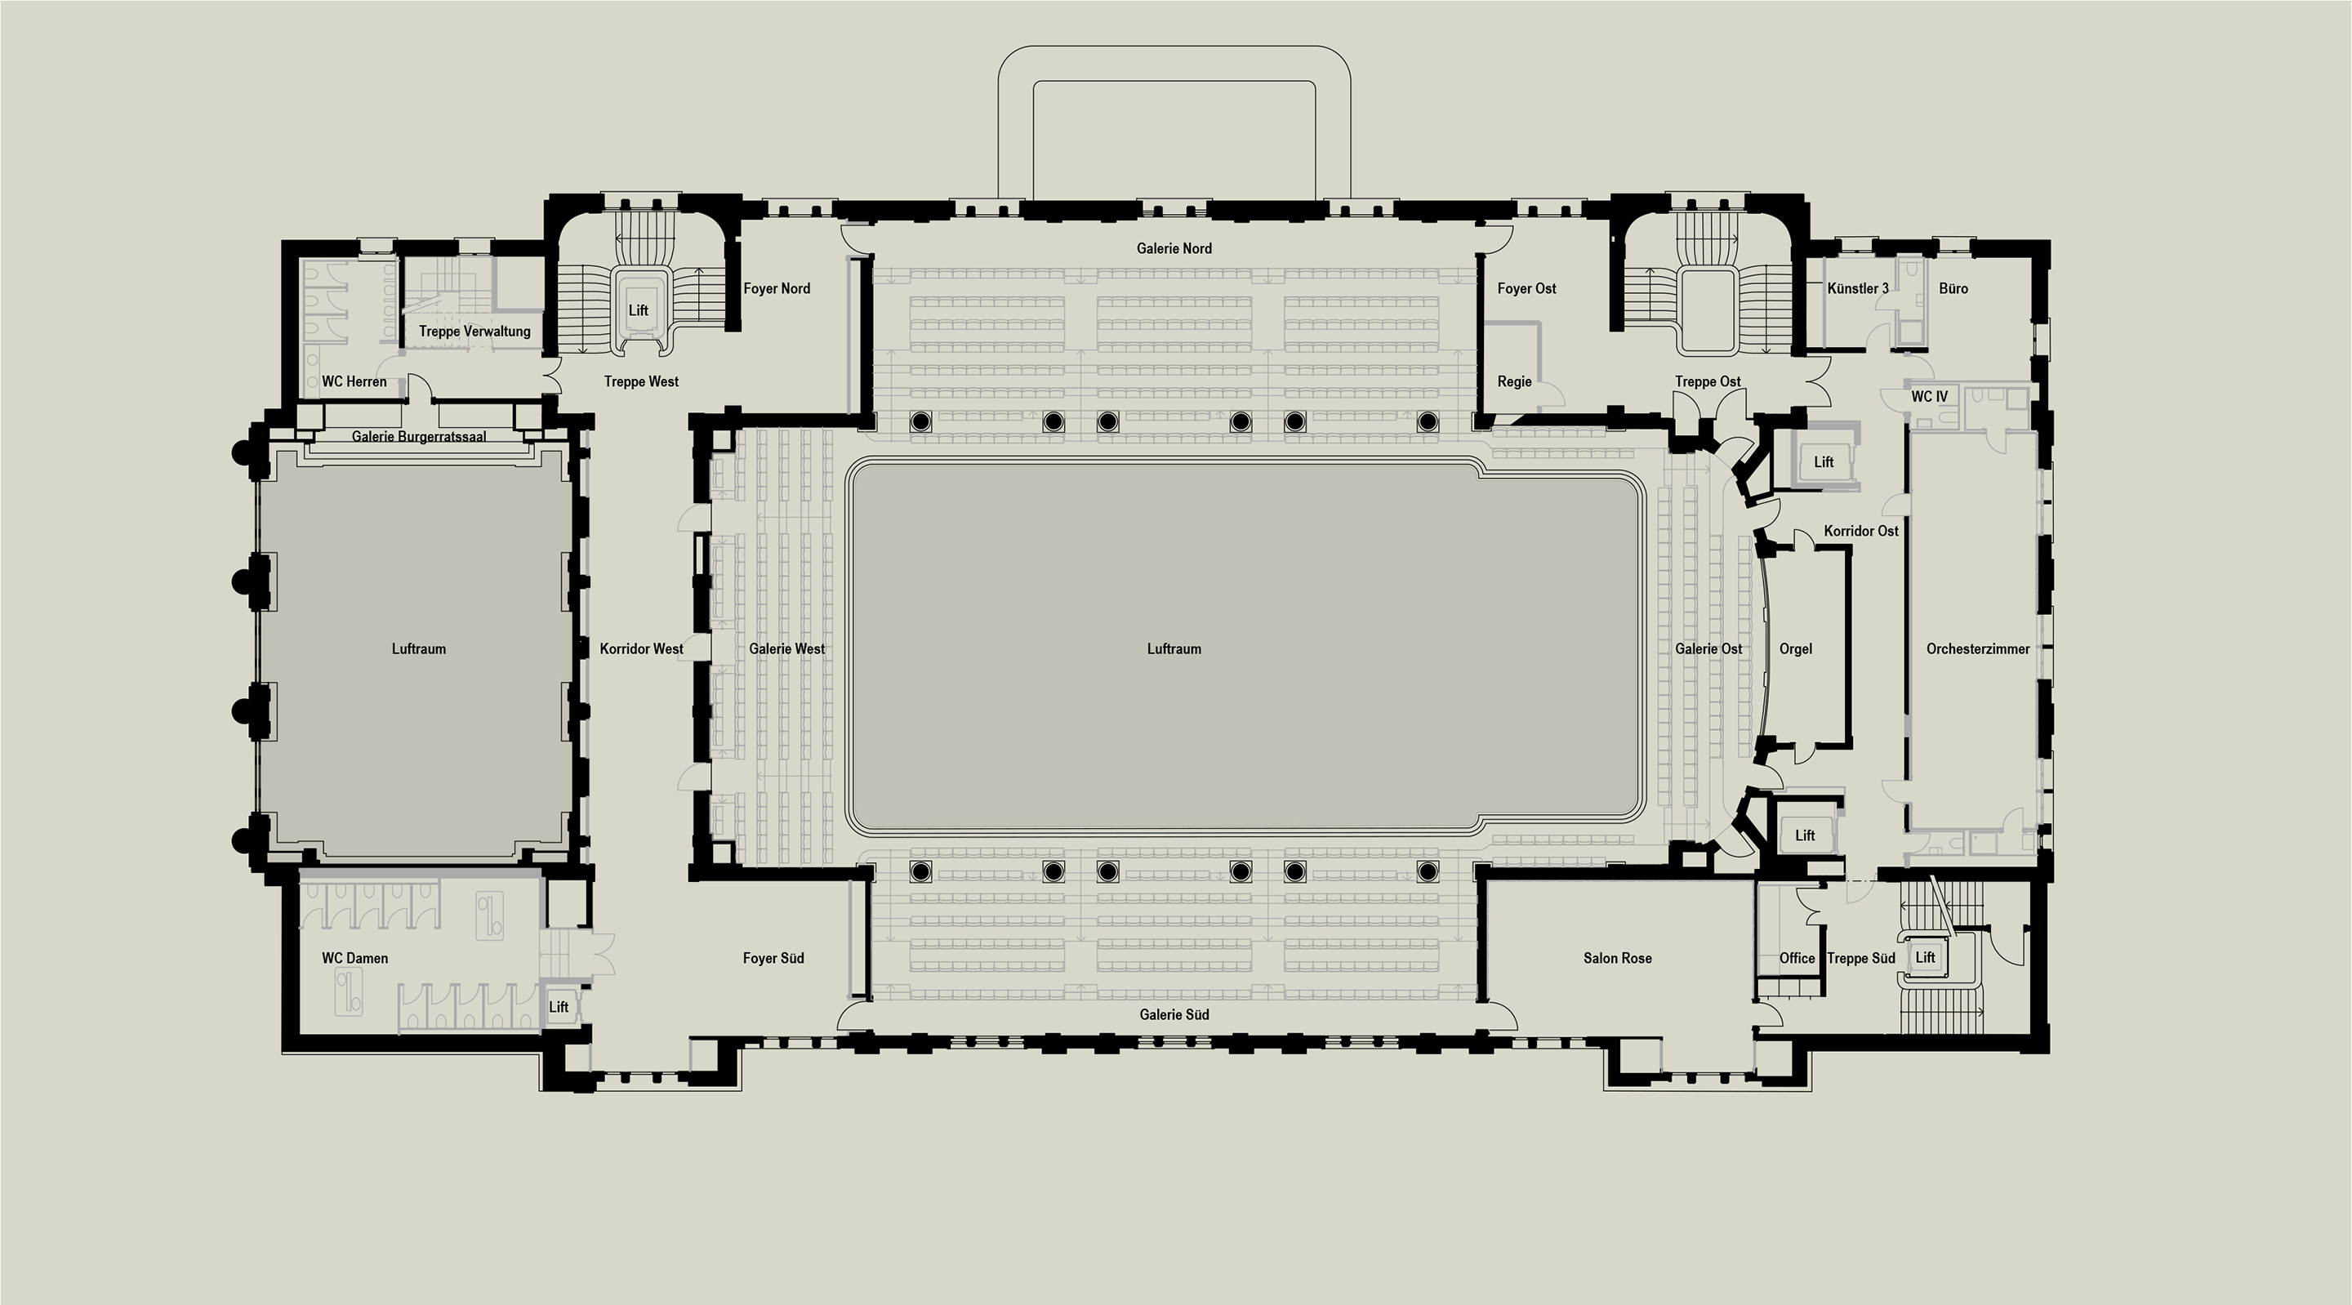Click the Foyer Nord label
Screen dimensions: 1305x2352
pyautogui.click(x=776, y=288)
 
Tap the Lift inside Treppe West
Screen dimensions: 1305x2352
pyautogui.click(x=638, y=310)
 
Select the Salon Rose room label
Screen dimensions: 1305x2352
pyautogui.click(x=1617, y=958)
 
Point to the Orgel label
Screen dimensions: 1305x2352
pyautogui.click(x=1795, y=649)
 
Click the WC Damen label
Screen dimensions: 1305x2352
pyautogui.click(x=354, y=958)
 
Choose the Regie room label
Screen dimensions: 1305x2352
pyautogui.click(x=1514, y=381)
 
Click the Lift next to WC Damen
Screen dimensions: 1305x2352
pyautogui.click(x=558, y=1007)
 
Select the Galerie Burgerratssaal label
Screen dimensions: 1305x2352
pyautogui.click(x=418, y=437)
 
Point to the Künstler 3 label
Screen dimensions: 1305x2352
pyautogui.click(x=1857, y=288)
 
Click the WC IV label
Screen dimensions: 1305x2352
pyautogui.click(x=1929, y=396)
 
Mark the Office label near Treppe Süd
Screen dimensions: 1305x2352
pyautogui.click(x=1796, y=958)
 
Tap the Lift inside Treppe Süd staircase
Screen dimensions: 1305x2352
pyautogui.click(x=1925, y=957)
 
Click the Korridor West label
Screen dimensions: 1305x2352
pyautogui.click(x=641, y=649)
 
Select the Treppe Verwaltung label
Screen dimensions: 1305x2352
pyautogui.click(x=474, y=332)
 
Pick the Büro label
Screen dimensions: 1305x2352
pyautogui.click(x=1953, y=288)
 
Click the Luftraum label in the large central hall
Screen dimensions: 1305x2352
pyautogui.click(x=1174, y=649)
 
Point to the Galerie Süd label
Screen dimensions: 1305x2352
pyautogui.click(x=1174, y=1014)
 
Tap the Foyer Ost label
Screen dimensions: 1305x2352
pyautogui.click(x=1526, y=288)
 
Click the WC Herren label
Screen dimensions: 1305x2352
pyautogui.click(x=354, y=381)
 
